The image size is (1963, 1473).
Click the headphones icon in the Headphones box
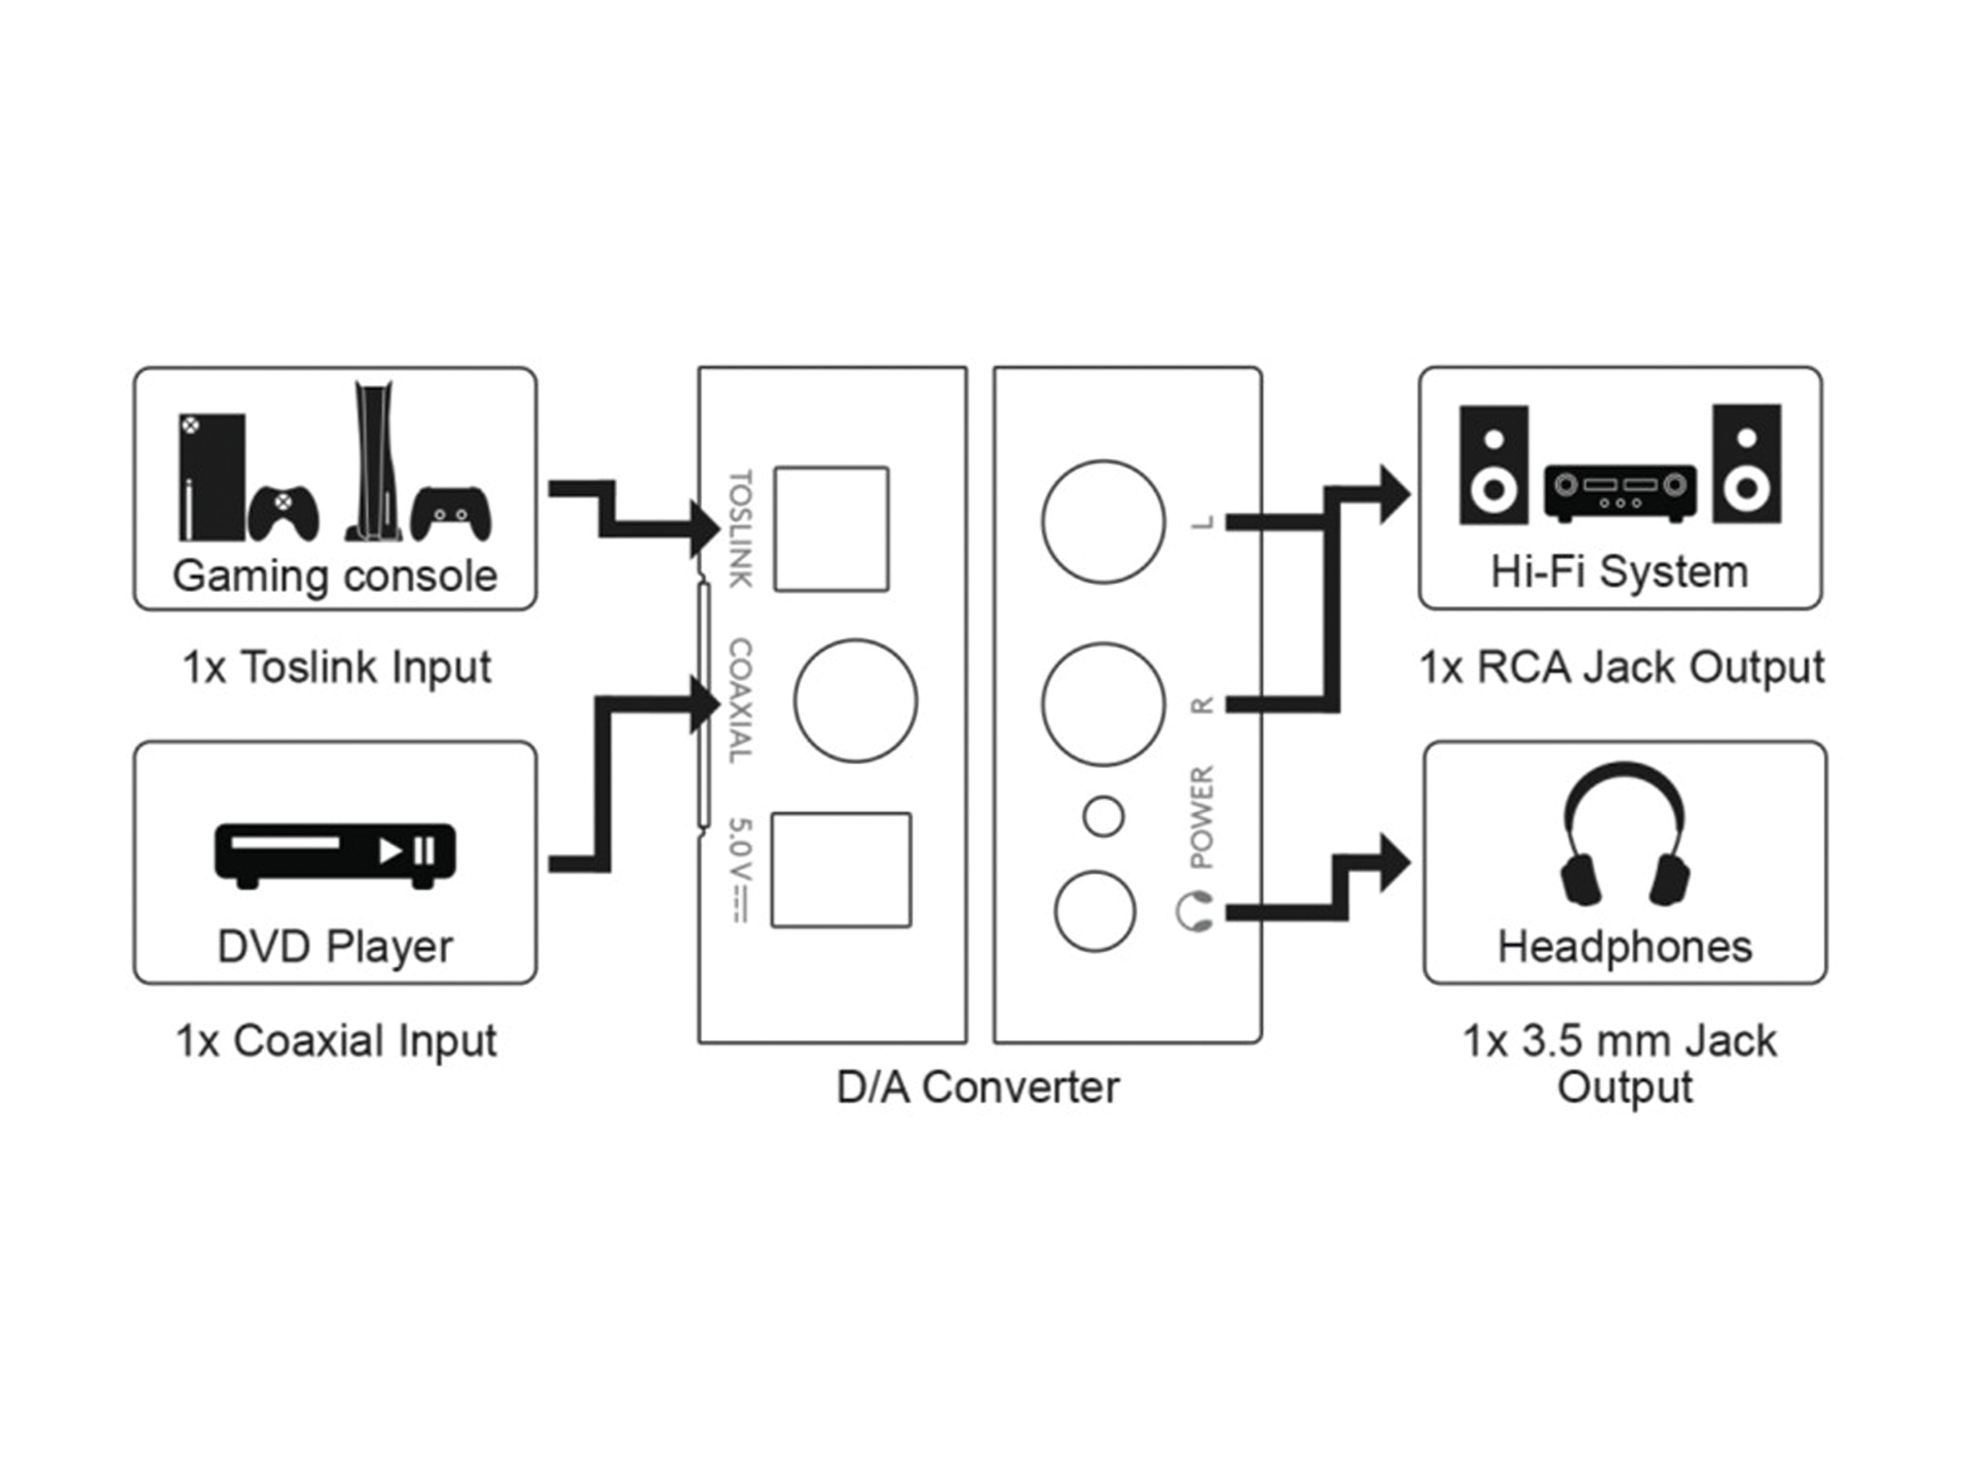coord(1625,835)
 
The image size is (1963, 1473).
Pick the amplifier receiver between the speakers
coord(1620,492)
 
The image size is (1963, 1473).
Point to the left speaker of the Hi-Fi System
coord(1493,464)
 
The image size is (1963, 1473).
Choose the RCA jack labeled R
coord(1103,704)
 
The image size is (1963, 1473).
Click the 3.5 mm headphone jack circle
coord(1095,911)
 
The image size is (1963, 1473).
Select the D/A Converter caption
coord(978,1087)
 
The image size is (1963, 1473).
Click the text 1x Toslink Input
coord(336,667)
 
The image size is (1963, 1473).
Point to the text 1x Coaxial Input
coord(336,1040)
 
